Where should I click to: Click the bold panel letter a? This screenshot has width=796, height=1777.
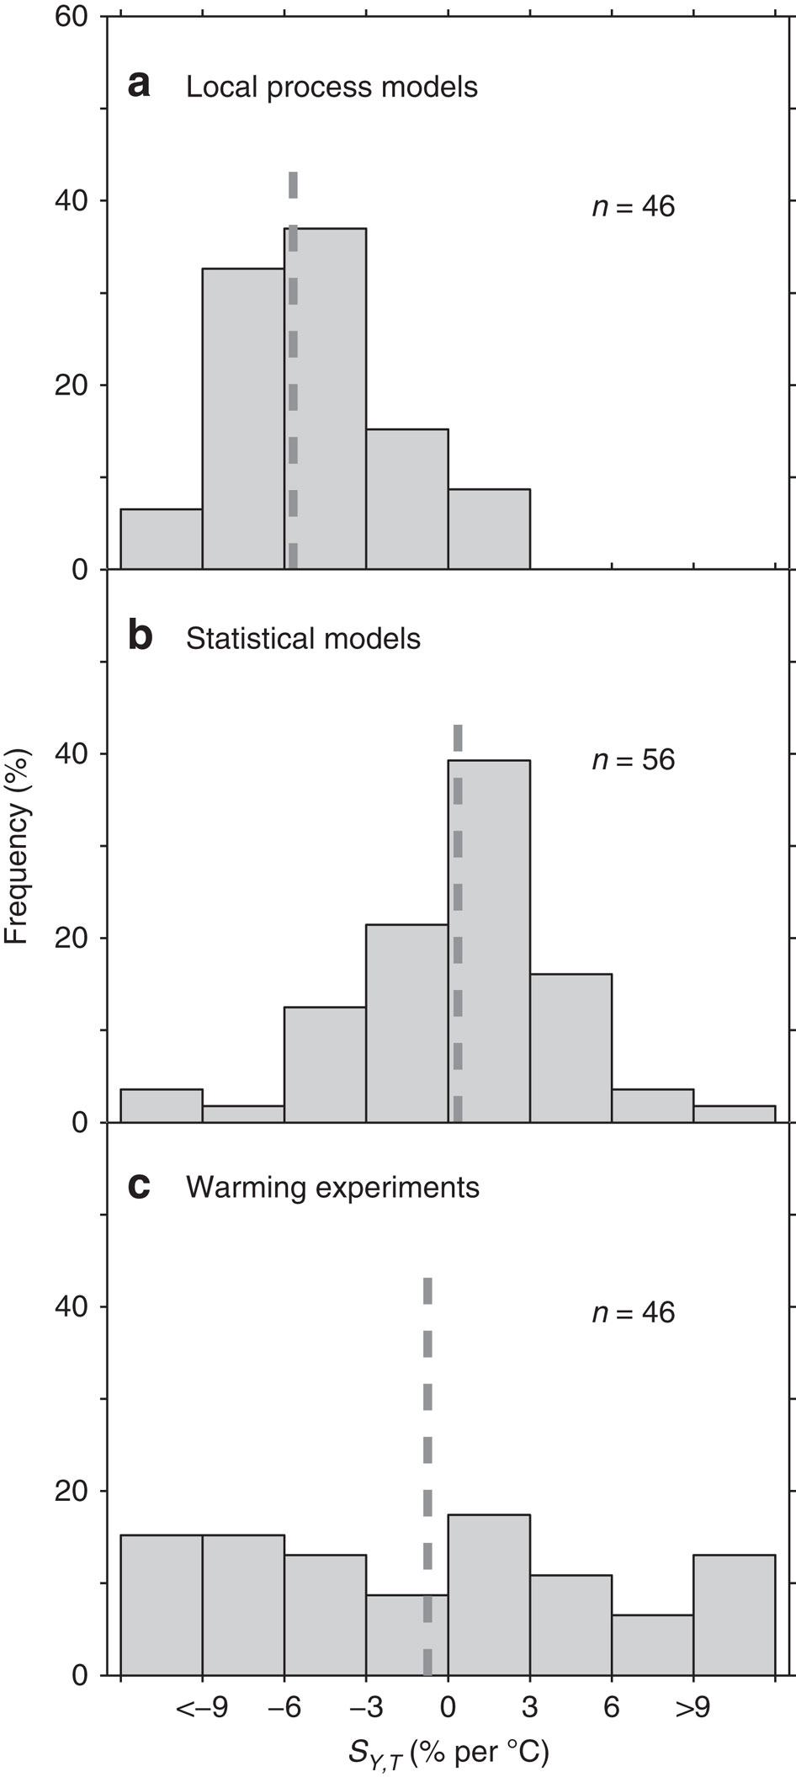(139, 85)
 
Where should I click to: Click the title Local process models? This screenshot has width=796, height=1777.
(332, 87)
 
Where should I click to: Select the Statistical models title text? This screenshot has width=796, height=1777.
(303, 639)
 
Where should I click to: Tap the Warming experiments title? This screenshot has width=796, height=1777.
(332, 1188)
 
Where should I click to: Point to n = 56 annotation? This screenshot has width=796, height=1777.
(634, 760)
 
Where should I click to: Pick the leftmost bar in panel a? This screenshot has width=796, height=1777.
(162, 540)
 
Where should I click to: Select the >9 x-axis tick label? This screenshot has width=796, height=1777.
(693, 1708)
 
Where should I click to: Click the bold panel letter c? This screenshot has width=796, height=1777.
(139, 1186)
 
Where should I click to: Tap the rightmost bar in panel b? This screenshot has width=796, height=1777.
(734, 1115)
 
